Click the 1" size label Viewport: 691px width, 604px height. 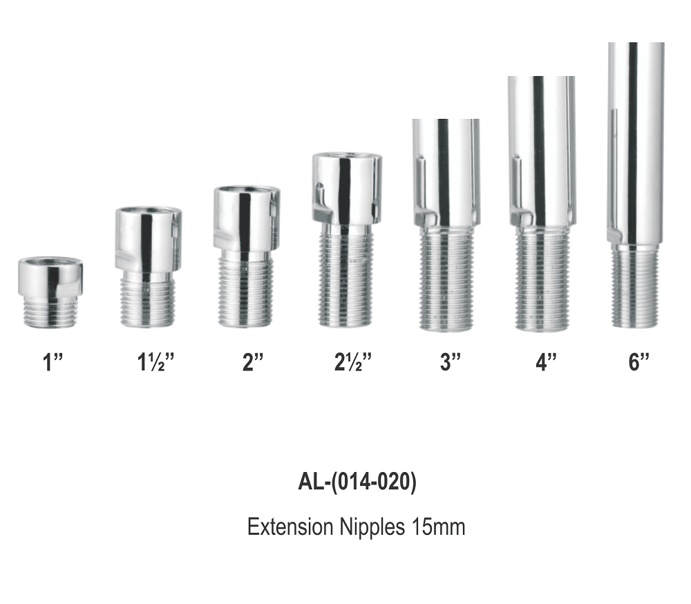coord(53,363)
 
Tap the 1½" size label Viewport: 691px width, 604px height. coord(155,362)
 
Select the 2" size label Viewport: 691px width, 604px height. coord(252,362)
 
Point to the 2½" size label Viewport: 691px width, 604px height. coord(352,362)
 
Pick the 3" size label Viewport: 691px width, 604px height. coord(450,362)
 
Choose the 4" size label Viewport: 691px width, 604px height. coord(546,362)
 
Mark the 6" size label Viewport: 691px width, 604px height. coord(638,362)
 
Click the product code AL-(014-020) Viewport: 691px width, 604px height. coord(357,482)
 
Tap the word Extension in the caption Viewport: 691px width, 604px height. coord(290,527)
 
